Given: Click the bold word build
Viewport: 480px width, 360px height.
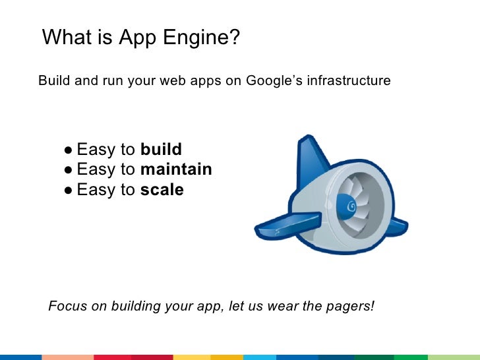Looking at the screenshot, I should [x=161, y=149].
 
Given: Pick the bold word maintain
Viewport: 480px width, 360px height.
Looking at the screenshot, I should [x=176, y=169].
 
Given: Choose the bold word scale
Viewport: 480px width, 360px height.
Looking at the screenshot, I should [x=162, y=191].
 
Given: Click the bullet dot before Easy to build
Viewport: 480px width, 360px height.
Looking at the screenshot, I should [x=69, y=150].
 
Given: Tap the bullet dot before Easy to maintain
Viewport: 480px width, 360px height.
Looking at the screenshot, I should [x=69, y=170].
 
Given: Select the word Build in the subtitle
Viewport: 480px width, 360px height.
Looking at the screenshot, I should [x=52, y=81].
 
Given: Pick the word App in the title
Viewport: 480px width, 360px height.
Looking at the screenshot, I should [x=136, y=39].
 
